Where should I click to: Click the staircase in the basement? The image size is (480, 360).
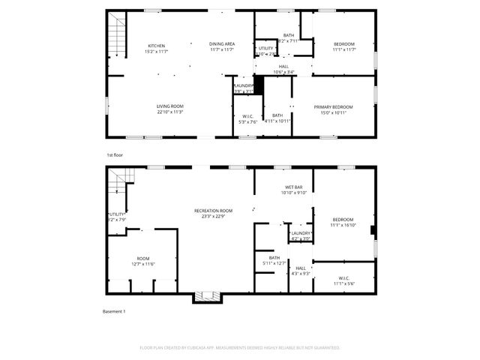coord(118,181)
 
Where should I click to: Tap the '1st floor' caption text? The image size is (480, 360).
coord(114,154)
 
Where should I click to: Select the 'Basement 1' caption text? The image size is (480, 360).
coord(114,310)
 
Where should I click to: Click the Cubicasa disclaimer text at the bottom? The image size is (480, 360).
coord(240,347)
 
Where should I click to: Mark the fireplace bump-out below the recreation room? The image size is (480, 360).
coord(204,297)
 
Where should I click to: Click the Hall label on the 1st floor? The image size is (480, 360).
coord(283,69)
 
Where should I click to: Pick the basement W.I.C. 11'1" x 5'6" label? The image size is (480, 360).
coord(342,280)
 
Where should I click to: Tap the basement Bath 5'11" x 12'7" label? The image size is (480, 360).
coord(274,260)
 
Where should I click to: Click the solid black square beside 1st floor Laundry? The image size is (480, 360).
coord(259,85)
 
